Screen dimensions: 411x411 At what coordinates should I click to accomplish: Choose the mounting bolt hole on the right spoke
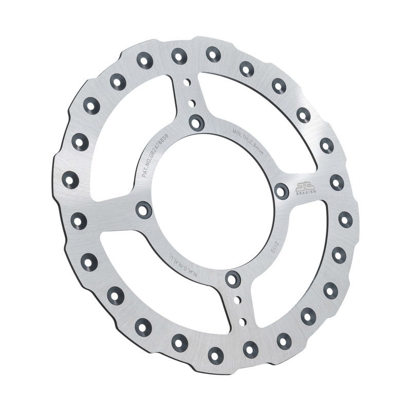(x=281, y=191)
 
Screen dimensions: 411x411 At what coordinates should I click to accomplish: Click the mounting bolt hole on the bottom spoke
(x=233, y=279)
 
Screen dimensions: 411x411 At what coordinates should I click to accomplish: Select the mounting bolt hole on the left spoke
(x=143, y=209)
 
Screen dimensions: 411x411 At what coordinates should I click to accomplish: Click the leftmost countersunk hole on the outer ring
(x=70, y=180)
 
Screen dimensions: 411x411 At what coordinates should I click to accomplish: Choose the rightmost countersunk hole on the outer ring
(x=346, y=219)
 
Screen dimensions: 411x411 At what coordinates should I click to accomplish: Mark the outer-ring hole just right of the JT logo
(x=337, y=182)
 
